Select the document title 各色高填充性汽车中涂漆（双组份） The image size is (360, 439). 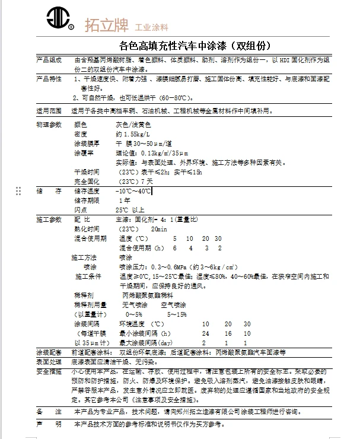pos(196,46)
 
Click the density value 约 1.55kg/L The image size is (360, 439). pos(133,135)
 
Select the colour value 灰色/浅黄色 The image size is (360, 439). pos(133,125)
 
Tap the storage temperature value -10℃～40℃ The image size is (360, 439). pos(133,191)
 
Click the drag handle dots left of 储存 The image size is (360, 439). pos(18,191)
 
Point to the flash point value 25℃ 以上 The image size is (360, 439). pos(130,210)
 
